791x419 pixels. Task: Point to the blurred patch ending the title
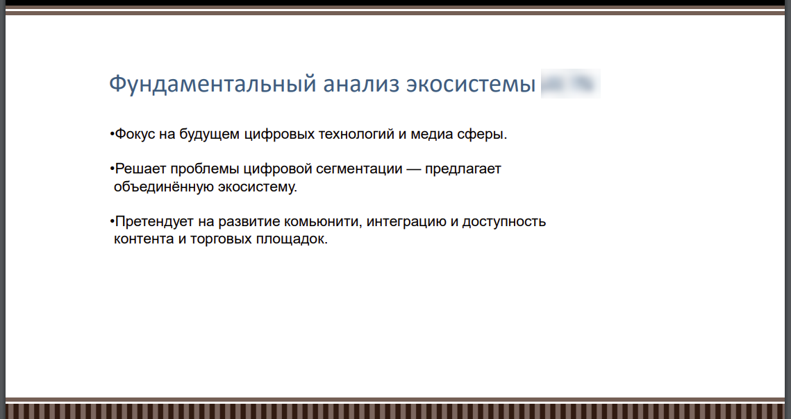pyautogui.click(x=570, y=84)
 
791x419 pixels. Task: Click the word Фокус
pyautogui.click(x=135, y=134)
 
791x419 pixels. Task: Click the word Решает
pyautogui.click(x=139, y=169)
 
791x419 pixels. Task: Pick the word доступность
pyautogui.click(x=504, y=222)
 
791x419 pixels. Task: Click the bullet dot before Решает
pyautogui.click(x=112, y=169)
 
